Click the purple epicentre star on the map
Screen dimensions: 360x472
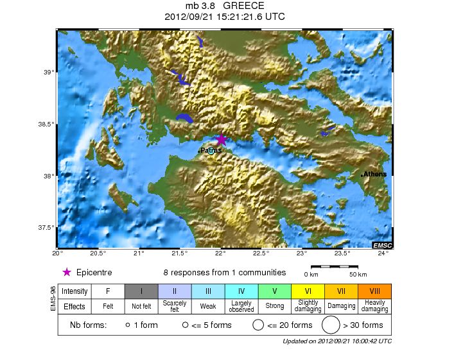click(x=221, y=139)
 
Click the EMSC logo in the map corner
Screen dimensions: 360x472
click(x=381, y=245)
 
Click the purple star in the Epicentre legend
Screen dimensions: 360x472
click(x=66, y=272)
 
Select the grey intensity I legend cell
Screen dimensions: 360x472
click(x=141, y=291)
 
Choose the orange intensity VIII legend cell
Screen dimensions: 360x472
click(x=374, y=291)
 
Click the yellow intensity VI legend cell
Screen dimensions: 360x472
click(x=308, y=291)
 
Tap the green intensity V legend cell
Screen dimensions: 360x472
click(x=274, y=291)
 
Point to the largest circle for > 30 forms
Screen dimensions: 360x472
click(x=331, y=325)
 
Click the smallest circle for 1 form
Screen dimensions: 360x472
click(x=128, y=325)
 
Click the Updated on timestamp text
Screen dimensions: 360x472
click(x=337, y=341)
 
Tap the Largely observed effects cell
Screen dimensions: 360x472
click(x=241, y=306)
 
